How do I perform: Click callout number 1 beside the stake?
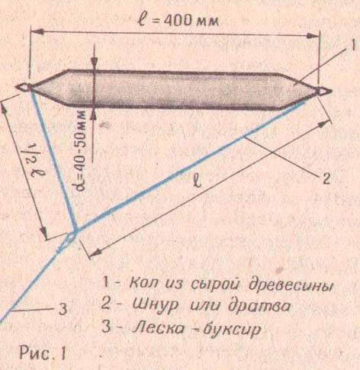click(352, 46)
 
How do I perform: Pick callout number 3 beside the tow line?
click(63, 309)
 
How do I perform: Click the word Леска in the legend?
click(158, 328)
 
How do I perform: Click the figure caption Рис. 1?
click(43, 353)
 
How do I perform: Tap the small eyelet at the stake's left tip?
click(24, 87)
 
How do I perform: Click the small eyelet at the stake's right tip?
click(324, 92)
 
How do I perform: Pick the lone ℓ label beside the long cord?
click(198, 181)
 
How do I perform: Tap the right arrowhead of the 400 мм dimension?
click(313, 35)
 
